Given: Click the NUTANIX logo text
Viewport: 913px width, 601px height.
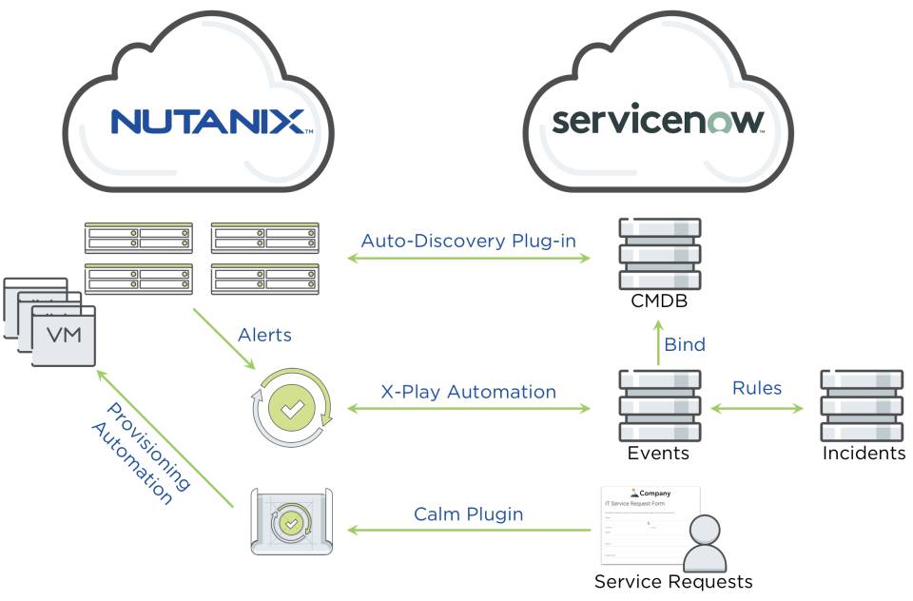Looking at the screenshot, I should tap(206, 121).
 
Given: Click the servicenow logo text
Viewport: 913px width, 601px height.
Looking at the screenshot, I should tap(658, 121).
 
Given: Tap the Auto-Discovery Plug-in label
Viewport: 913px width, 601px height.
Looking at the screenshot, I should tap(468, 241).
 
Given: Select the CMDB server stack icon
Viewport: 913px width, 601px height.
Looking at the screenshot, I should tap(659, 254).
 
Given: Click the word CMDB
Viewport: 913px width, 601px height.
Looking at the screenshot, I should tap(658, 302).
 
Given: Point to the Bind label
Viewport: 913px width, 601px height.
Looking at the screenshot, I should tap(685, 344).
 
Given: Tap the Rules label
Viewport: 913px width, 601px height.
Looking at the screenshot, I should tap(757, 388).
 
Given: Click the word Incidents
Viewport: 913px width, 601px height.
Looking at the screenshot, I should tap(864, 454).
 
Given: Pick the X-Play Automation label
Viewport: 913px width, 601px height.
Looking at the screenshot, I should tap(468, 392).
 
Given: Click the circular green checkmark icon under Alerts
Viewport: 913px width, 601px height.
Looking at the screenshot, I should tap(292, 410).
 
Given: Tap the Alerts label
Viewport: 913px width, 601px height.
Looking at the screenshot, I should tap(264, 335).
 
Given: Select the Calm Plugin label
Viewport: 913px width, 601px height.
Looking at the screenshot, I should tap(468, 514).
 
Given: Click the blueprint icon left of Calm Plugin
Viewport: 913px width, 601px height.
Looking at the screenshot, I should tap(290, 521).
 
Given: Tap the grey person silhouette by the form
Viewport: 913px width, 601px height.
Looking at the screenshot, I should tap(706, 544).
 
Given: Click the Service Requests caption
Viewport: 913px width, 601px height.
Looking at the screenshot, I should tap(672, 581).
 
